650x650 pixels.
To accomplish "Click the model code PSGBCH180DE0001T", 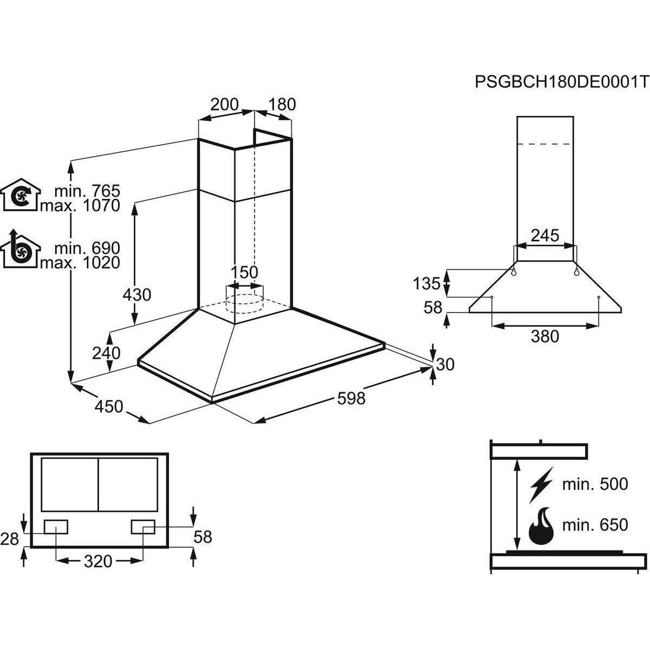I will coord(561,82).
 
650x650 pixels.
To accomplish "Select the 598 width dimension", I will coord(351,399).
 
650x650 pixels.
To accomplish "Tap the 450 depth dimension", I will coord(109,406).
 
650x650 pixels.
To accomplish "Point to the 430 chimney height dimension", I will coord(136,295).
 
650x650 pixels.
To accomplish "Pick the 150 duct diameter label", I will coord(245,271).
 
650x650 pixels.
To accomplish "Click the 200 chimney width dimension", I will coord(224,104).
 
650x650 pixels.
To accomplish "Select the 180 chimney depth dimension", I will coord(282,104).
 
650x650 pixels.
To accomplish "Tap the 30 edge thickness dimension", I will coord(444,365).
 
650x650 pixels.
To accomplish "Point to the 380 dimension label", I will coord(544,336).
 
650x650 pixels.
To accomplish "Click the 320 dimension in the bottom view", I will coord(99,561).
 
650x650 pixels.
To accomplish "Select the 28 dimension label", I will coord(10,538).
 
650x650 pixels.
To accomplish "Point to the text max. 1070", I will coord(87,206).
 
